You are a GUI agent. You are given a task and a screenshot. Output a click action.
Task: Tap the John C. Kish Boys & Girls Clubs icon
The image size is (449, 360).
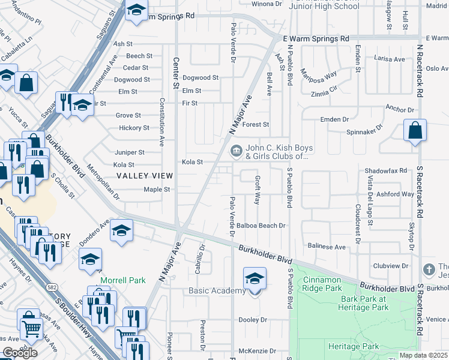[236, 149]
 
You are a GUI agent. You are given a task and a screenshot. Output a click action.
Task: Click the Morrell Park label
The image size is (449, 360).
[123, 280]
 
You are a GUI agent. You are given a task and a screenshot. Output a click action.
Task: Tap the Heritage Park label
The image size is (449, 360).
[354, 346]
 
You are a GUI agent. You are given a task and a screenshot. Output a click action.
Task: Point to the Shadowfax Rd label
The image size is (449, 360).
[386, 170]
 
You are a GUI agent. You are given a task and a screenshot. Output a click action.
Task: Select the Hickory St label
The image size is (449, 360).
[134, 128]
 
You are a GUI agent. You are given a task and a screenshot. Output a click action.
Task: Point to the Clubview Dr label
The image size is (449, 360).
[390, 265]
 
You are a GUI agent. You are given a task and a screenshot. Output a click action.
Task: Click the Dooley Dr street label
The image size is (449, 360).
[252, 320]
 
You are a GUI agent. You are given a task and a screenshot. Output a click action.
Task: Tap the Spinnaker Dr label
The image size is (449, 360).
[364, 132]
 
